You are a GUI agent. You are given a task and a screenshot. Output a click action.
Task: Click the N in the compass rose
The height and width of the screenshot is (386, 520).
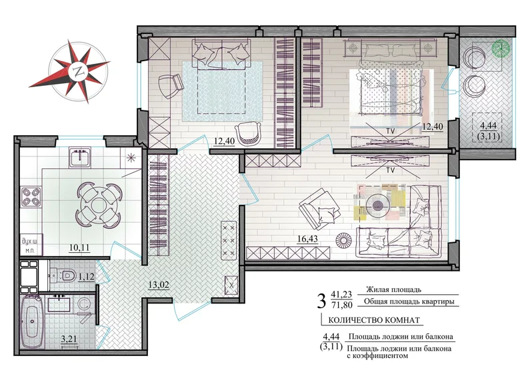point(79,71)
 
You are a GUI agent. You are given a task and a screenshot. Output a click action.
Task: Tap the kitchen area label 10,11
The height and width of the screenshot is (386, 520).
point(79,248)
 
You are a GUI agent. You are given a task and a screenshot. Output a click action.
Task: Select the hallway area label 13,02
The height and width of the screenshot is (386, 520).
point(159,285)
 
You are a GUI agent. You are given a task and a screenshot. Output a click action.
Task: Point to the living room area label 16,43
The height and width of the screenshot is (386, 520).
point(307,239)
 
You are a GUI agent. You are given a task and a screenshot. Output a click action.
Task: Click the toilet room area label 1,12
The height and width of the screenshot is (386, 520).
point(86,276)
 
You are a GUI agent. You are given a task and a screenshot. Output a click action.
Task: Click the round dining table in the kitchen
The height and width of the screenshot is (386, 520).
point(99,206)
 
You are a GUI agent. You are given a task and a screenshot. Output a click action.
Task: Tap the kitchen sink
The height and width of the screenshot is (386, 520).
point(80,157)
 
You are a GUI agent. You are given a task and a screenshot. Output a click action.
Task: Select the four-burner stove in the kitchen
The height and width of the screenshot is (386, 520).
point(31,197)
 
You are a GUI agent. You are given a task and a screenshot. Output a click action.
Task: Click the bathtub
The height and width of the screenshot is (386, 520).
point(32,321)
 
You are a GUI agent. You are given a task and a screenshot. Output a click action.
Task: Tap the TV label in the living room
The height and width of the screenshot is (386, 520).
point(390,170)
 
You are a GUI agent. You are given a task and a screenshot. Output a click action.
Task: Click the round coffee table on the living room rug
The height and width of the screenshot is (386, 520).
point(377,206)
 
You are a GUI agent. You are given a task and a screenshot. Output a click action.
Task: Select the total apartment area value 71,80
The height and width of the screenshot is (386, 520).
point(341,304)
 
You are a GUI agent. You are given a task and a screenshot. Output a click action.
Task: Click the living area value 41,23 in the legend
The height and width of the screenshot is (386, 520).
point(341,293)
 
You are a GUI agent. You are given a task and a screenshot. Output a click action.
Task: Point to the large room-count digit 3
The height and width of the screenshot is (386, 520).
point(321,301)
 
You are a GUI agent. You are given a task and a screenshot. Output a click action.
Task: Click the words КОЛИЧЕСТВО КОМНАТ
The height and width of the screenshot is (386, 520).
point(374,320)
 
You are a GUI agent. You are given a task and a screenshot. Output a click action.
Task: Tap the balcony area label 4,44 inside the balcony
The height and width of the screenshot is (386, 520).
point(489,126)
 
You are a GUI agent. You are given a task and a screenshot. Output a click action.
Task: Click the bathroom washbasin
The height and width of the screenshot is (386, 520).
point(59,303)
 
